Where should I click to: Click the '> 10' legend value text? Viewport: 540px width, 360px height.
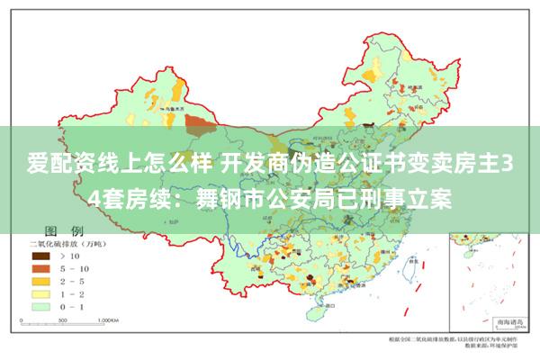click(69, 256)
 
